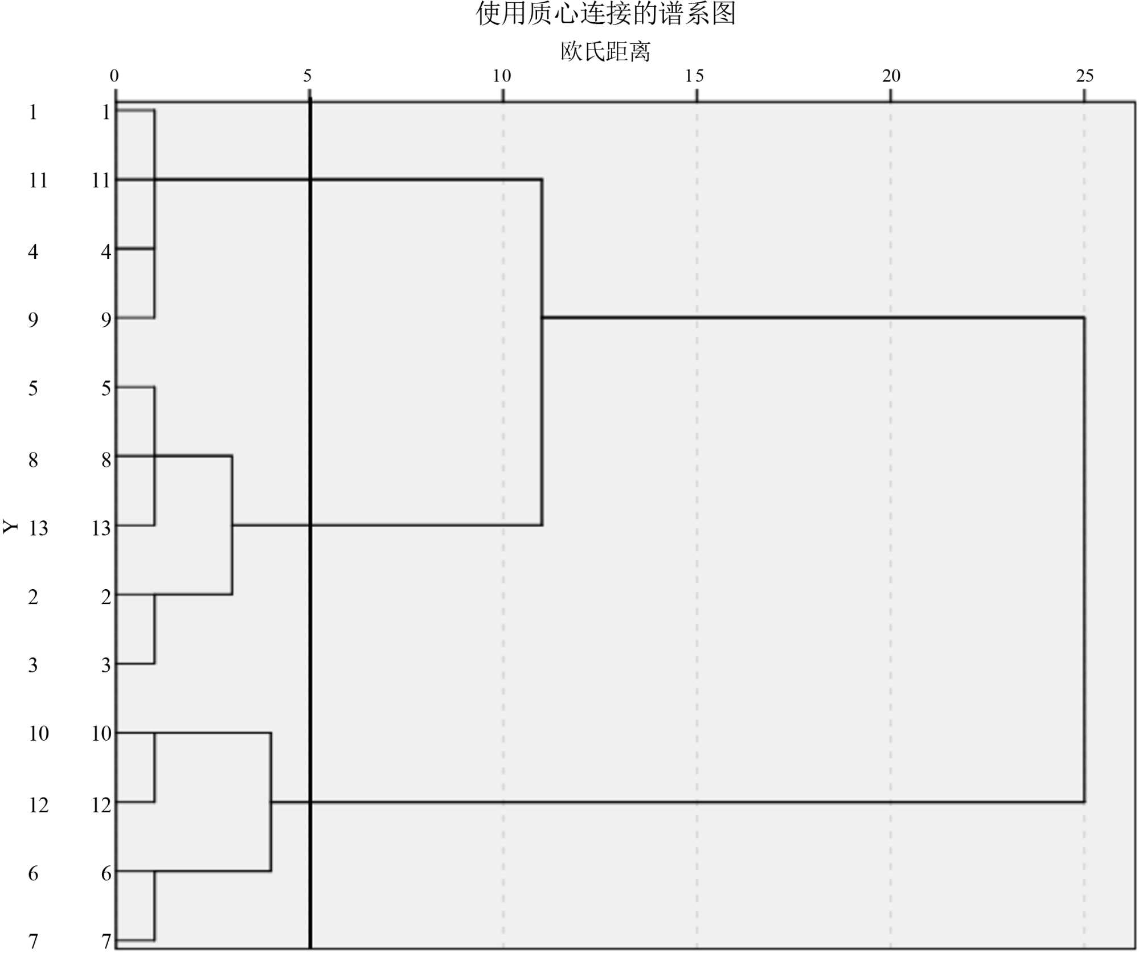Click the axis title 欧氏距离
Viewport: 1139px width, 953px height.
coord(605,52)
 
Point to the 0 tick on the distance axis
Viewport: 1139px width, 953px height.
coord(114,76)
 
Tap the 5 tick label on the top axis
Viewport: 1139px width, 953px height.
coord(308,76)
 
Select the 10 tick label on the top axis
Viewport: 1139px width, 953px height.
coord(502,76)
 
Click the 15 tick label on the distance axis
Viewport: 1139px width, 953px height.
coord(695,76)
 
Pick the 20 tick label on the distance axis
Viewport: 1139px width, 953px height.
coord(891,76)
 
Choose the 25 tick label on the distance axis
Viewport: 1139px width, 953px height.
coord(1085,76)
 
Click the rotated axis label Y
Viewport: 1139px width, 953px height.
coord(11,527)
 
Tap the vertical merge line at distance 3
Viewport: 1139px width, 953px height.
coord(232,558)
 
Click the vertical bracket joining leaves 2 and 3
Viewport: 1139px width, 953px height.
coord(154,629)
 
